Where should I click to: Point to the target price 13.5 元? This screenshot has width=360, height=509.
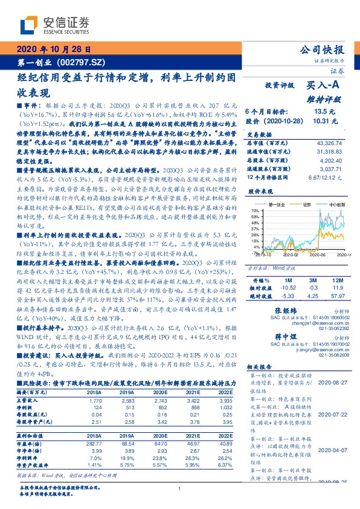(x=320, y=111)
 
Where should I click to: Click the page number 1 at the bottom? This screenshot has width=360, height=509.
(x=180, y=489)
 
